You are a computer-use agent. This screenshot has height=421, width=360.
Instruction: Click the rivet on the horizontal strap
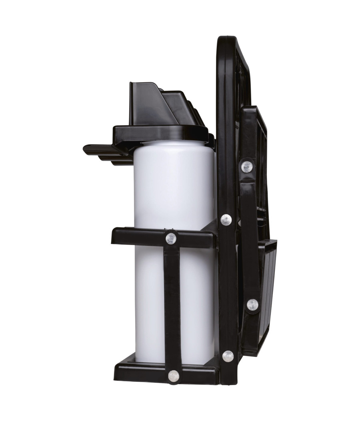(171, 239)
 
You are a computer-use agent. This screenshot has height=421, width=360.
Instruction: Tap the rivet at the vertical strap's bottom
(174, 376)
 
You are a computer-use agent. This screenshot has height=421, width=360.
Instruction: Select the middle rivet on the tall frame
(226, 219)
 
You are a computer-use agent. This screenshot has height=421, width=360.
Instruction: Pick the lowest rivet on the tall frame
(228, 356)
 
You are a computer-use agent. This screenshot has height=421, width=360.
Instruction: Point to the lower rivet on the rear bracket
(252, 304)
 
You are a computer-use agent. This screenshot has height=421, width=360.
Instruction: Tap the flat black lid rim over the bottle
(160, 132)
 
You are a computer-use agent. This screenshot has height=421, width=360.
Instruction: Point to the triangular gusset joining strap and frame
(210, 227)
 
